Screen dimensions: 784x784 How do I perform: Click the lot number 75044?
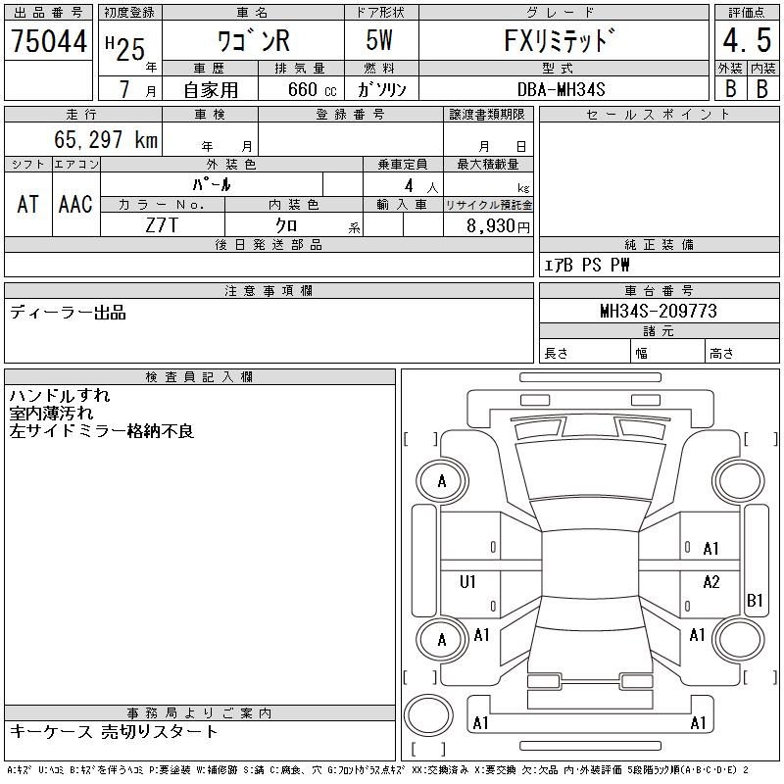pyautogui.click(x=49, y=41)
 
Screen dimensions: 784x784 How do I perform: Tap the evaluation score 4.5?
pyautogui.click(x=746, y=42)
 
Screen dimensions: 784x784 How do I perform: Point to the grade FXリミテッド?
pyautogui.click(x=563, y=42)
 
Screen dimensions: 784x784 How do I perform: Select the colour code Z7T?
pyautogui.click(x=162, y=226)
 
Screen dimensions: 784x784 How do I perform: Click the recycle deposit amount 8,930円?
pyautogui.click(x=499, y=226)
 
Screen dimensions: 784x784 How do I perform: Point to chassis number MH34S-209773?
pyautogui.click(x=659, y=312)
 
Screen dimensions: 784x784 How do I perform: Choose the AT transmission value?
pyautogui.click(x=28, y=205)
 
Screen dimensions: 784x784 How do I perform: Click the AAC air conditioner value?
pyautogui.click(x=75, y=205)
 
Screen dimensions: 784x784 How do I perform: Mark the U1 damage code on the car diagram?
pyautogui.click(x=467, y=582)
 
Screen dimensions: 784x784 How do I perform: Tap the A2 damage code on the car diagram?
pyautogui.click(x=710, y=582)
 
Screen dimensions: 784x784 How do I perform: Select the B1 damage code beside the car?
pyautogui.click(x=755, y=600)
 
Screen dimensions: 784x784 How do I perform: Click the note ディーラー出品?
pyautogui.click(x=69, y=313)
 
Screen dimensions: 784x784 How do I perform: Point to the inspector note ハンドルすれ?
pyautogui.click(x=60, y=396)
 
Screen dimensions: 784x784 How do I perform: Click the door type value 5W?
pyautogui.click(x=382, y=42)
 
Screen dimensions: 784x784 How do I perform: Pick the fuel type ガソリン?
pyautogui.click(x=382, y=89)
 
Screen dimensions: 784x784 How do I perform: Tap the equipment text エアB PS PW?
pyautogui.click(x=587, y=265)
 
